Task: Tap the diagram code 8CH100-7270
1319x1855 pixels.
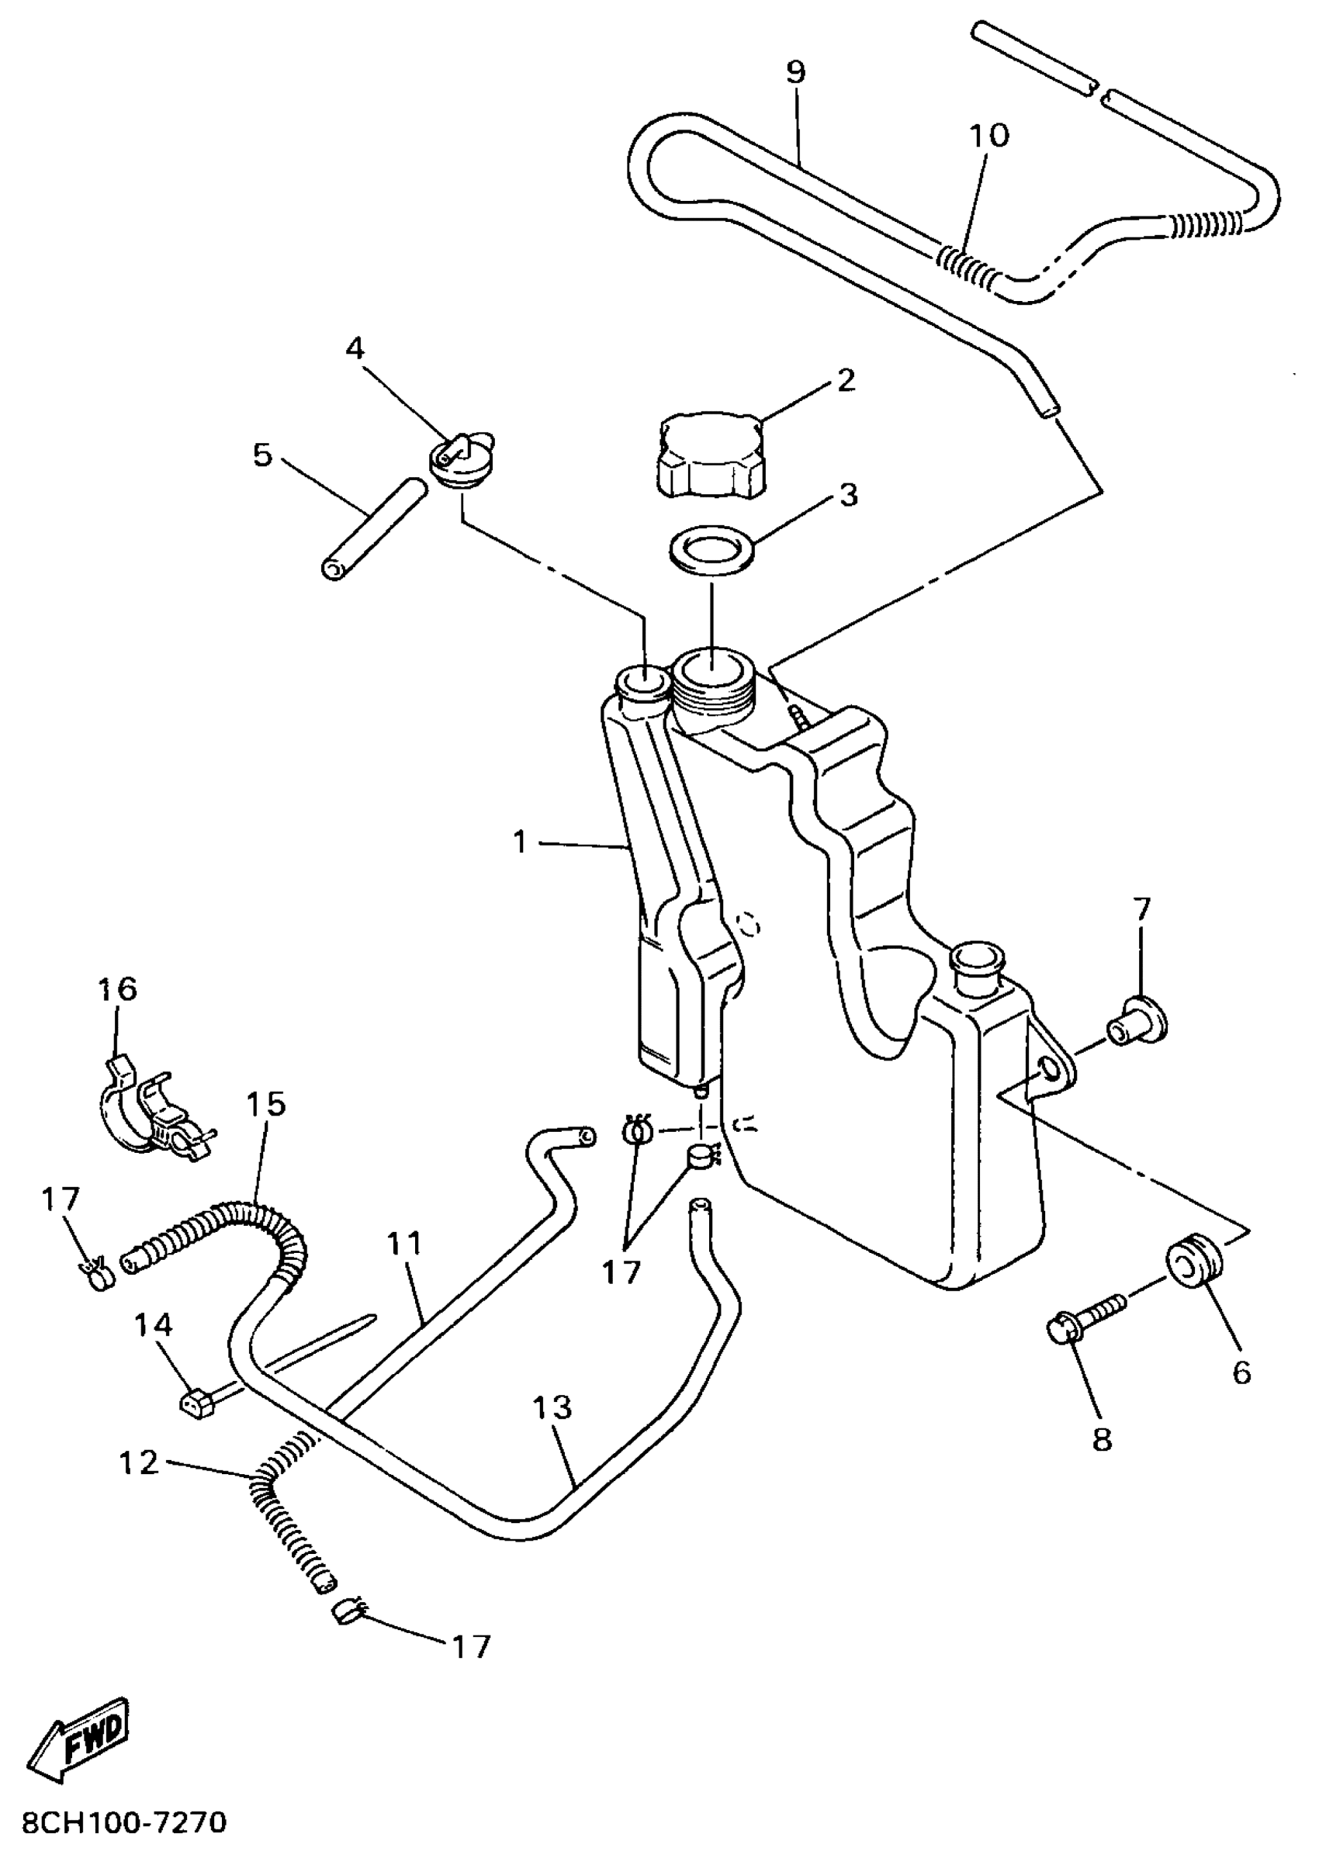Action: [123, 1823]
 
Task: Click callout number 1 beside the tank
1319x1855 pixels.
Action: [521, 843]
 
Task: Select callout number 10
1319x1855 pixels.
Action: [988, 136]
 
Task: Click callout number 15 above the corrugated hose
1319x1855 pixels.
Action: [266, 1104]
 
